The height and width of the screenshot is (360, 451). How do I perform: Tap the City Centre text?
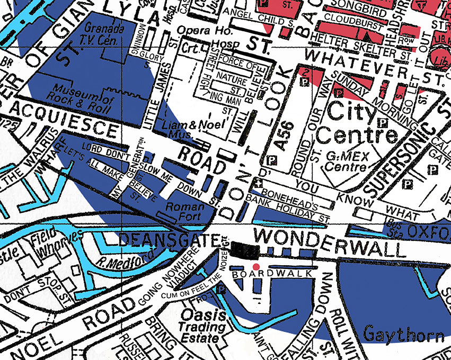[x=361, y=123]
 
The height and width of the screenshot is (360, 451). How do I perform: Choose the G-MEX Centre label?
[x=347, y=162]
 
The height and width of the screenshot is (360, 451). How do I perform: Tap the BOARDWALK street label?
[x=270, y=274]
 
